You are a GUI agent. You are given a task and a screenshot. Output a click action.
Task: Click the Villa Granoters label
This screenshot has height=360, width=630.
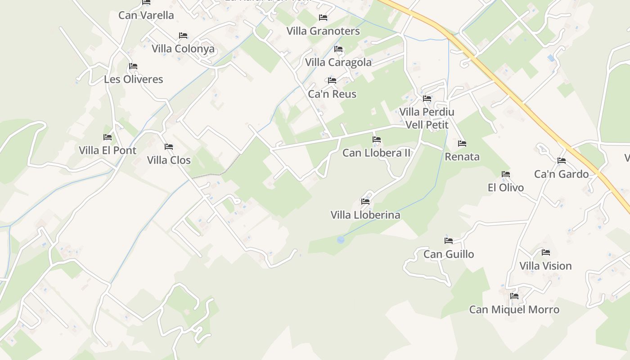323,31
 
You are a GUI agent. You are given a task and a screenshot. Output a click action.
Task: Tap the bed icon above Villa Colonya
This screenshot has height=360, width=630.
183,36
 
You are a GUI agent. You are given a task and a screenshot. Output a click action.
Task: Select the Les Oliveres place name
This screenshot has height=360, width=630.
133,79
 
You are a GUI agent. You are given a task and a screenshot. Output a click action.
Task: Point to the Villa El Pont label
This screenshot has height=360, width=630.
108,150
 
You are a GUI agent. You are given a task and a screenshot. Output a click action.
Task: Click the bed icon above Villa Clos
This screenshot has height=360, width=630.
169,147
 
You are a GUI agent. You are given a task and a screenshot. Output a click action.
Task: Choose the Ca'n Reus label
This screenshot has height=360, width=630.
332,94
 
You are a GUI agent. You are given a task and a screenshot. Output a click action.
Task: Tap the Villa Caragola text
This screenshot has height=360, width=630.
338,63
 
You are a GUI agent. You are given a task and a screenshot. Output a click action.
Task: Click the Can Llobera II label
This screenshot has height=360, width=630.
376,153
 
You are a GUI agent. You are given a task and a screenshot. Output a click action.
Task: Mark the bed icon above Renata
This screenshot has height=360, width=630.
462,144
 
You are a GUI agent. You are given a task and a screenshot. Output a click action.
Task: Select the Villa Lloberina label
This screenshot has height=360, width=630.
365,215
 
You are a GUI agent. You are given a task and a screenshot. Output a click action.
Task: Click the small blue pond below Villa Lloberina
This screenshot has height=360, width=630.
341,240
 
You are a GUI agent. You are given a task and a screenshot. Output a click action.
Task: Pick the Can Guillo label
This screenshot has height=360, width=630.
449,254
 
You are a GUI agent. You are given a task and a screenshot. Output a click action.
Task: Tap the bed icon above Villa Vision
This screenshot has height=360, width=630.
545,252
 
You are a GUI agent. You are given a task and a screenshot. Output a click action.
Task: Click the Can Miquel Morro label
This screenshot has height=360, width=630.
514,310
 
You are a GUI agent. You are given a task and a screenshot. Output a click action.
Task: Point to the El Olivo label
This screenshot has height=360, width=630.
506,188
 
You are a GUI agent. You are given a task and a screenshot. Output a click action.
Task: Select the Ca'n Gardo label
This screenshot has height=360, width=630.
561,174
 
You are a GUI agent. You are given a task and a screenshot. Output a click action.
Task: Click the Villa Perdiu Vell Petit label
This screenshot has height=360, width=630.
427,118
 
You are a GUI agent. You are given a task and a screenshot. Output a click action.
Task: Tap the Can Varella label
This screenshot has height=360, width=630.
146,15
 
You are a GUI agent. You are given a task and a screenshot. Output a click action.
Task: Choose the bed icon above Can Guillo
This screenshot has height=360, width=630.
448,241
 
